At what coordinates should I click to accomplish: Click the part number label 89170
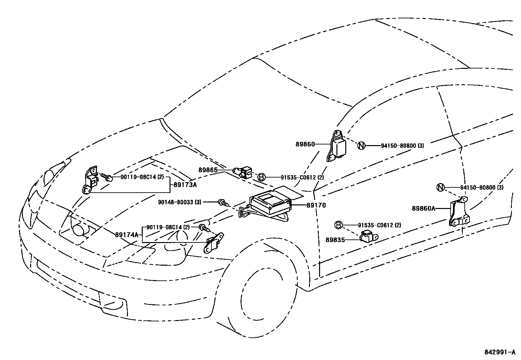(x=316, y=205)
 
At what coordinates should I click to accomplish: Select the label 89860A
(x=423, y=208)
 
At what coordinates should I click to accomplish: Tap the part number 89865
(x=208, y=170)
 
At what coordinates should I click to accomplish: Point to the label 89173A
(x=185, y=184)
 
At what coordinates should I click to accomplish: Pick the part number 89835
(x=335, y=240)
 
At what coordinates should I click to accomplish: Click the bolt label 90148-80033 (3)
(x=180, y=202)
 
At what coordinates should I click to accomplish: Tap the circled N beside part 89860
(x=361, y=145)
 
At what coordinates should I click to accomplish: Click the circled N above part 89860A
(x=440, y=187)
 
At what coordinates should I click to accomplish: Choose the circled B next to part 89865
(x=261, y=177)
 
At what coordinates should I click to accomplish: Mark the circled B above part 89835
(x=338, y=225)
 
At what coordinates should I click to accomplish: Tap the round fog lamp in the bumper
(x=79, y=229)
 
